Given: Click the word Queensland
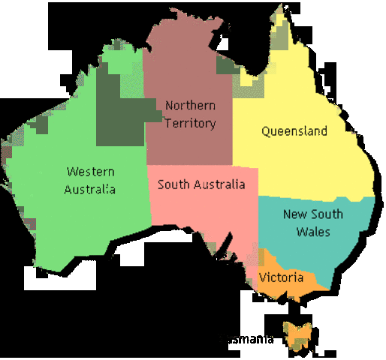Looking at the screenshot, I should pyautogui.click(x=294, y=131).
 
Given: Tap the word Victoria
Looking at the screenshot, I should pyautogui.click(x=282, y=277).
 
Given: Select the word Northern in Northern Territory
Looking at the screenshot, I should pyautogui.click(x=191, y=106).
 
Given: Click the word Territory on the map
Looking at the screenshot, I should pyautogui.click(x=191, y=123).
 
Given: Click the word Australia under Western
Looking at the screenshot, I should pyautogui.click(x=90, y=189).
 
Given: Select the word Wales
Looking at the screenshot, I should pyautogui.click(x=313, y=232).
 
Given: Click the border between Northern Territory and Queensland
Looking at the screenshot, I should pyautogui.click(x=232, y=127).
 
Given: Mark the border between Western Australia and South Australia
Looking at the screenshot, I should pyautogui.click(x=149, y=195).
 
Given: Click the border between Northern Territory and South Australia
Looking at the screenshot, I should pyautogui.click(x=188, y=166).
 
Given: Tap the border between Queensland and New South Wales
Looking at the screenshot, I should pyautogui.click(x=315, y=198).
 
